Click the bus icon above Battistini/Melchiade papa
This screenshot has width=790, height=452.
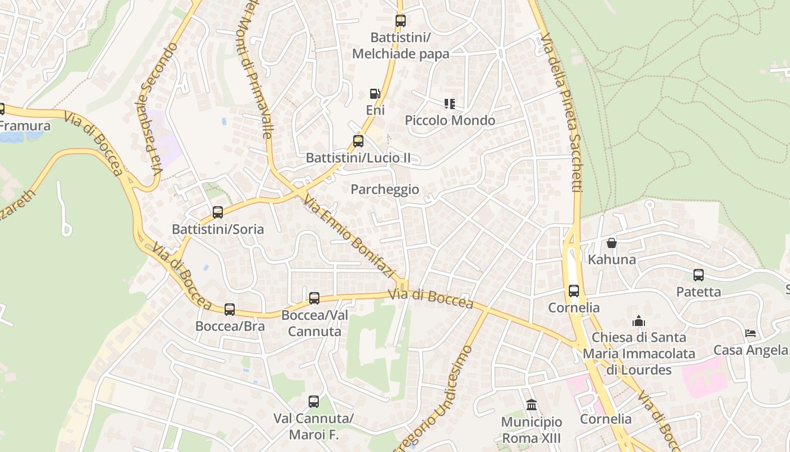tap(400, 21)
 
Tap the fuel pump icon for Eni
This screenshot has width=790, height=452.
tap(375, 94)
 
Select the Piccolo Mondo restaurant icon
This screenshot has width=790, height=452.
tap(450, 104)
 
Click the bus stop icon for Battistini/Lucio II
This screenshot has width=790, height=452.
tap(358, 141)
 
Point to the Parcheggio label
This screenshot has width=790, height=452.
tap(385, 189)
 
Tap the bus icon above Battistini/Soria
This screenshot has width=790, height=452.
tap(218, 212)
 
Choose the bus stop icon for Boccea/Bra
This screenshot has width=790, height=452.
tap(230, 310)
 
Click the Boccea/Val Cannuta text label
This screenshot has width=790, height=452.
tap(315, 323)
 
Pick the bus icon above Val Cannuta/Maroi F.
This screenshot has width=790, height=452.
tap(314, 402)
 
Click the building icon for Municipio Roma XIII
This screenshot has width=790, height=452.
tap(531, 405)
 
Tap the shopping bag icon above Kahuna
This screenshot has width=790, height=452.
tap(612, 244)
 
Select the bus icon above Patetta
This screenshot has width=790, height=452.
tap(699, 275)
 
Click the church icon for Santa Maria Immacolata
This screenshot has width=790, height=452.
tap(639, 321)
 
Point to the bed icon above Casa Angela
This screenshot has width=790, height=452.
tap(750, 333)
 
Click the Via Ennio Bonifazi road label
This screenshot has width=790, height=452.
tap(349, 237)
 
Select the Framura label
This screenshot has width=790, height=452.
tap(25, 125)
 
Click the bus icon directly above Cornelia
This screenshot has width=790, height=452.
tap(574, 291)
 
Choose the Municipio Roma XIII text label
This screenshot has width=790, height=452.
tap(532, 430)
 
